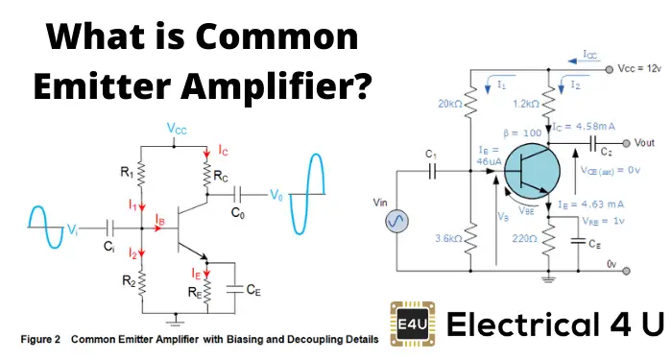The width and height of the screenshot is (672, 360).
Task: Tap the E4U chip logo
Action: pyautogui.click(x=410, y=322)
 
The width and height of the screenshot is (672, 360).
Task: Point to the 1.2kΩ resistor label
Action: pyautogui.click(x=524, y=104)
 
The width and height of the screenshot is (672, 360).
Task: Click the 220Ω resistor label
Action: pyautogui.click(x=526, y=239)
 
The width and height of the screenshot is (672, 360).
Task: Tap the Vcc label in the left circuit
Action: pyautogui.click(x=178, y=128)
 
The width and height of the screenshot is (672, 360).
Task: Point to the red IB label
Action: pyautogui.click(x=160, y=220)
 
